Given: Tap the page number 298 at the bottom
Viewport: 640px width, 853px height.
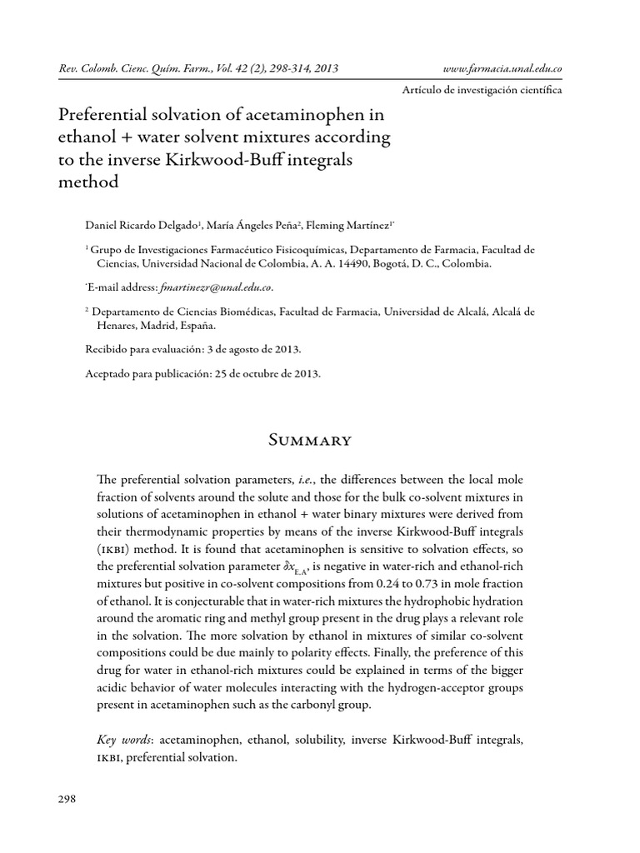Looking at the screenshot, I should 67,799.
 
